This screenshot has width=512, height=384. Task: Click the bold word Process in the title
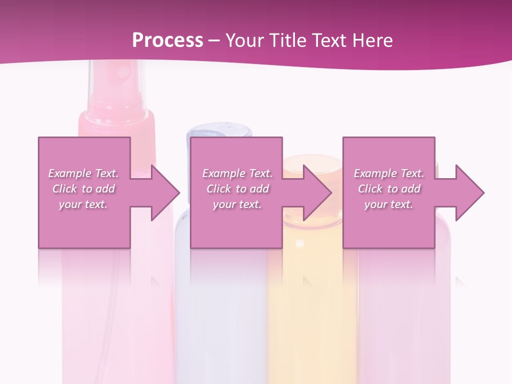pos(167,40)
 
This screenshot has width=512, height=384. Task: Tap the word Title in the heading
pos(285,40)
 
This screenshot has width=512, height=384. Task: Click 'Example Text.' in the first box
pos(83,173)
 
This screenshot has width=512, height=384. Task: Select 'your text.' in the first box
pos(83,204)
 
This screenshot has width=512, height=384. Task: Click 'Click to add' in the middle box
pos(237,189)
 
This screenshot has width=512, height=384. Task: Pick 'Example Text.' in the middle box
pos(237,173)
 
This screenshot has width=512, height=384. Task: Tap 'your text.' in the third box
pos(389,204)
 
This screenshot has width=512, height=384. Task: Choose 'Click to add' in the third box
pos(389,189)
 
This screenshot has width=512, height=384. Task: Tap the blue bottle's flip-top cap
pos(219,132)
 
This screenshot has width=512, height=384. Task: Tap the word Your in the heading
pos(243,40)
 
